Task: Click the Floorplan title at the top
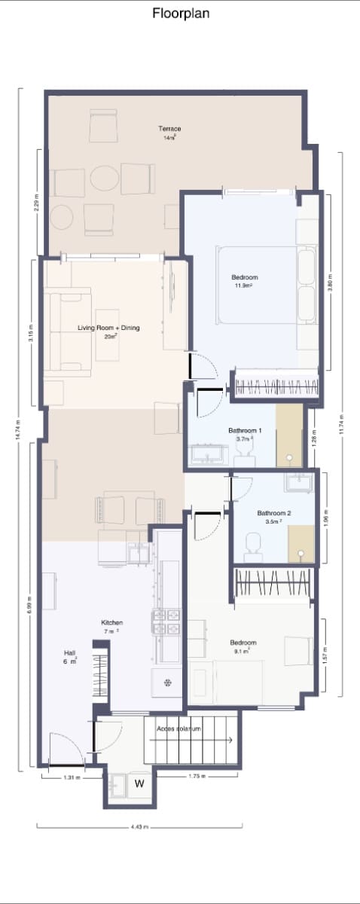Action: (x=181, y=14)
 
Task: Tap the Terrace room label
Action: (x=169, y=133)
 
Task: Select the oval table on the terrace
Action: (x=105, y=179)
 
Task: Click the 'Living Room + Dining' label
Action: (x=109, y=331)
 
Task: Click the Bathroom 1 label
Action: (x=245, y=433)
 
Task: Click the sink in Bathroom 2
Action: (x=295, y=481)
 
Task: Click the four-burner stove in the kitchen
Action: (x=166, y=623)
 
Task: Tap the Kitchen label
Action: (x=112, y=626)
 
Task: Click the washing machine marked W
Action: (x=139, y=784)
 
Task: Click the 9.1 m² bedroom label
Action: (x=243, y=646)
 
